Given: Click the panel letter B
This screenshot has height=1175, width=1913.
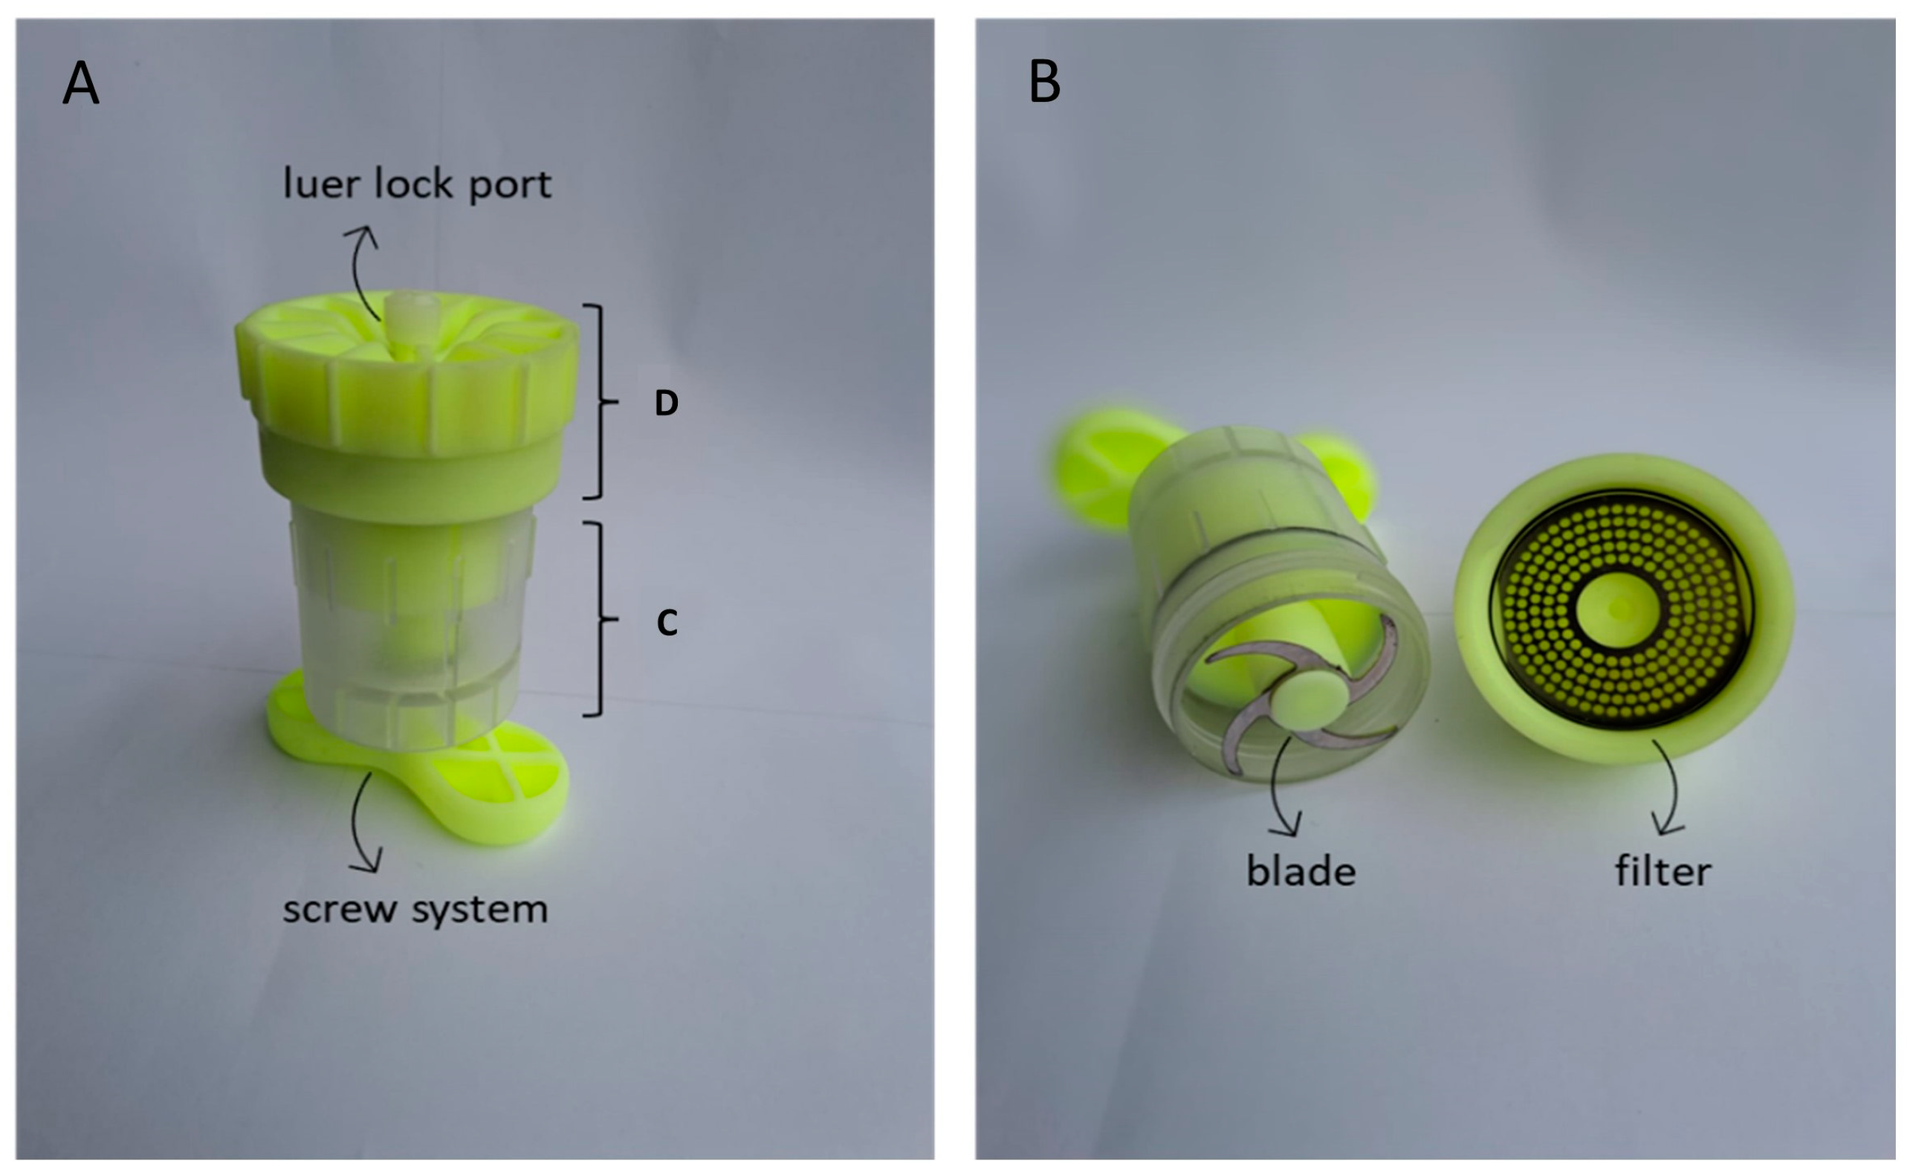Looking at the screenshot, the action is (1043, 82).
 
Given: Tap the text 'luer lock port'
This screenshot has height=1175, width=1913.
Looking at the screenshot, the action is (417, 184).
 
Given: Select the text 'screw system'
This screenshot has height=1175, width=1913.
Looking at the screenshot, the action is (415, 909).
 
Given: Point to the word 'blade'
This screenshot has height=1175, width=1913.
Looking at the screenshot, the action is (1301, 870).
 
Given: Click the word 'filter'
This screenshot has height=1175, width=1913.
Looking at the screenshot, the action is (1663, 870).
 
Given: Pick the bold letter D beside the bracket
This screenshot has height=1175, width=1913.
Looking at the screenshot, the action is (666, 403).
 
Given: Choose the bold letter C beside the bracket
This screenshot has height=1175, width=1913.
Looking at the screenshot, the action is (667, 622).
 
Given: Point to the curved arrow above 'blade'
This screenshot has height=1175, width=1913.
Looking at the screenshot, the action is (1281, 785).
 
